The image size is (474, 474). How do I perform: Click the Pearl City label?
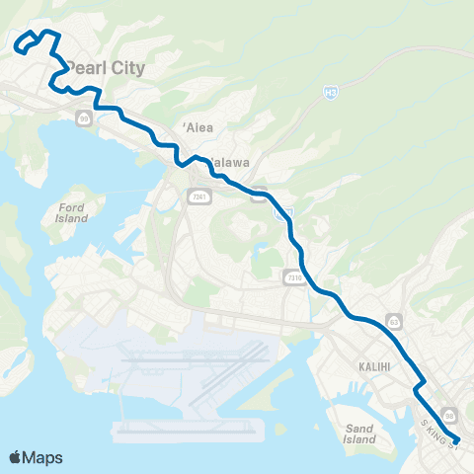click(108, 68)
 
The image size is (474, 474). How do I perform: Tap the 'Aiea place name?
click(198, 127)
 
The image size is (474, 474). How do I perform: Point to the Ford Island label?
click(72, 212)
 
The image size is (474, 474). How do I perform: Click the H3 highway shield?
click(329, 92)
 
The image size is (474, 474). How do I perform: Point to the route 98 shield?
click(449, 414)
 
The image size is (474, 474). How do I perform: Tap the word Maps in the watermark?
click(44, 457)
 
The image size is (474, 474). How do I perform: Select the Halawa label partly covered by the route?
click(229, 162)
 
